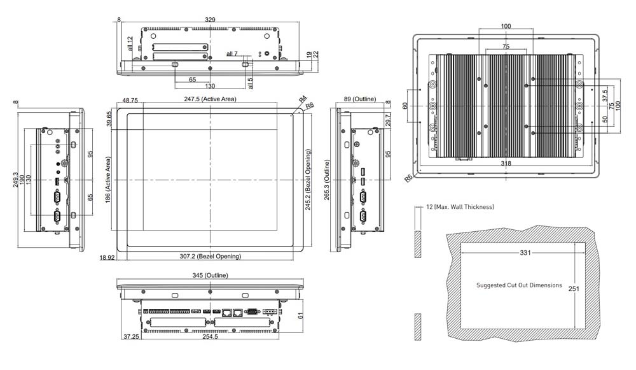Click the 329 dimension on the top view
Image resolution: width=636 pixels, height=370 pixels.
[x=210, y=20]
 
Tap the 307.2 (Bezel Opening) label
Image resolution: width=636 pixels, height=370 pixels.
[x=210, y=257]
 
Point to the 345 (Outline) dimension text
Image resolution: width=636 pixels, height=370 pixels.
[x=210, y=275]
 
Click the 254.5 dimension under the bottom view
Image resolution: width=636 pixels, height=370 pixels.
[x=211, y=337]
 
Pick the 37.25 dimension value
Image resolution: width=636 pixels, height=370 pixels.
[x=131, y=337]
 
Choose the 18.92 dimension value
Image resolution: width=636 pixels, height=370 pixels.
[x=107, y=257]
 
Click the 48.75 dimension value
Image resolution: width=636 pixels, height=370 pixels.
[x=130, y=100]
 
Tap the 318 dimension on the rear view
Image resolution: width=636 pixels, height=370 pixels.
[x=506, y=164]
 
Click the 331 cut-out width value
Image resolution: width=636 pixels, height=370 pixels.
[x=525, y=253]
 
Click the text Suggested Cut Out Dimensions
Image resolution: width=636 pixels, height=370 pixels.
[x=519, y=285]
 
